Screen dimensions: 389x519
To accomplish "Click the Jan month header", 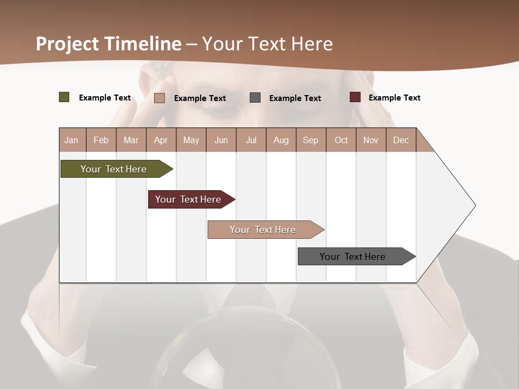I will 72,140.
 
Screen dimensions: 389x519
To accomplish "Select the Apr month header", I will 161,140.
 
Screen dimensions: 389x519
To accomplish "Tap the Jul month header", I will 251,140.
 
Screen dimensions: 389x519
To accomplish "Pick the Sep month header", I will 311,140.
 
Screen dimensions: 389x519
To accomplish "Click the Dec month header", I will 401,140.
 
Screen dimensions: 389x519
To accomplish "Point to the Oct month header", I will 341,140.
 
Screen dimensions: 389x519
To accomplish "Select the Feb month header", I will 101,140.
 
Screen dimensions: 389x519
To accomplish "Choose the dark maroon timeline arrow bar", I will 189,199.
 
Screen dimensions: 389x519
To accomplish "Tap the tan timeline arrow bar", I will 264,230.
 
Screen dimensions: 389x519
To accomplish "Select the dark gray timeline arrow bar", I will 354,257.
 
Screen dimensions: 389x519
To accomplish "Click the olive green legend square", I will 64,97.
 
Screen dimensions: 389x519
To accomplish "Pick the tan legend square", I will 159,98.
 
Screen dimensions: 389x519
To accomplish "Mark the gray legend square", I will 255,98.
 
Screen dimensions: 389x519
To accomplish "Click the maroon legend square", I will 355,97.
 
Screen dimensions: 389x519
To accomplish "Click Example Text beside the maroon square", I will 394,98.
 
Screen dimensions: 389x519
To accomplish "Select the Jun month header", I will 221,140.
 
